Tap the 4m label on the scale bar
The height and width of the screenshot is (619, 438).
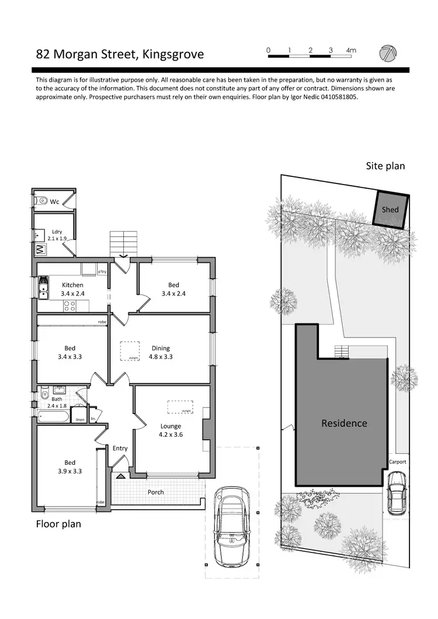click(351, 51)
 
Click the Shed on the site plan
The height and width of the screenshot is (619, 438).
click(390, 209)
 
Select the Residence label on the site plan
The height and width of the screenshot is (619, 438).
click(344, 423)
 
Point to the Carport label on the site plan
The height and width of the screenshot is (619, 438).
click(397, 462)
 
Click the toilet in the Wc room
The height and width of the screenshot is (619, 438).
click(42, 201)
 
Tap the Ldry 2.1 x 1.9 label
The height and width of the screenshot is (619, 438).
click(57, 235)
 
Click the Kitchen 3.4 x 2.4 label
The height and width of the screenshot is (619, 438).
click(73, 289)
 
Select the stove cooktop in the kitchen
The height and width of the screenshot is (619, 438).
click(69, 305)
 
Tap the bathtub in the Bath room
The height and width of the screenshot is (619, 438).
click(53, 417)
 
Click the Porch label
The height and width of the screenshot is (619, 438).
click(155, 492)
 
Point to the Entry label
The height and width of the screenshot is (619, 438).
click(120, 448)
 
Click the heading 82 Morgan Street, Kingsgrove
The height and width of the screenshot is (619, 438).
click(120, 54)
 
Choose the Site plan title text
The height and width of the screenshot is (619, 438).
click(385, 166)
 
